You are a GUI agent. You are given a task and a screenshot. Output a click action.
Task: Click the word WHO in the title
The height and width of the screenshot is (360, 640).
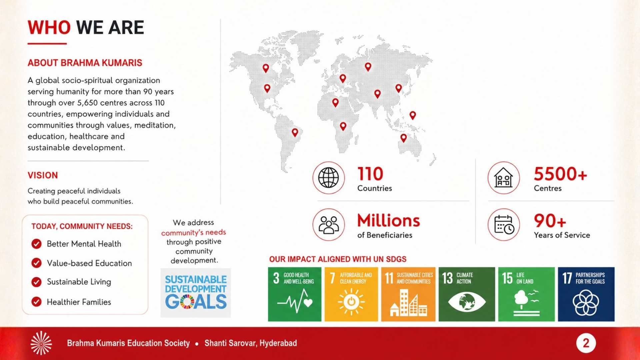pyautogui.click(x=49, y=27)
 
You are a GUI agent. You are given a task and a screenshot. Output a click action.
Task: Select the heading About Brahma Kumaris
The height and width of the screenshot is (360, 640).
pyautogui.click(x=85, y=63)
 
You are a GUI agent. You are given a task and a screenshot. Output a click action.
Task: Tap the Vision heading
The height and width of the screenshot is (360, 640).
pyautogui.click(x=43, y=175)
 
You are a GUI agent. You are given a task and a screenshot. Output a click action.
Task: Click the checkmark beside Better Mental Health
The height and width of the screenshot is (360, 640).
pyautogui.click(x=36, y=244)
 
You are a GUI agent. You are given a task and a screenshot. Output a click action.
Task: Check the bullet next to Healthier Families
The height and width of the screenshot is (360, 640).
pyautogui.click(x=36, y=302)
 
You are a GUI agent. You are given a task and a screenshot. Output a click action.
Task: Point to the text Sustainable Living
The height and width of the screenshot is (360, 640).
pyautogui.click(x=79, y=282)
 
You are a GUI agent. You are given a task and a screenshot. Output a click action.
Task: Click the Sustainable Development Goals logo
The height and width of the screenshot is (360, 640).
pyautogui.click(x=196, y=293)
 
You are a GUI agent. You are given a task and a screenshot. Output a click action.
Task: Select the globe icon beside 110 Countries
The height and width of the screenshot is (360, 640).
pyautogui.click(x=328, y=178)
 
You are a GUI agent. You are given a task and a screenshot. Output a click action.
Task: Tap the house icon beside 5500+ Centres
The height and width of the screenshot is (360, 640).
pyautogui.click(x=503, y=178)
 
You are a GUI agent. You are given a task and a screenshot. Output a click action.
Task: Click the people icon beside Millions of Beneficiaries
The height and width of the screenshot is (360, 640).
pyautogui.click(x=328, y=225)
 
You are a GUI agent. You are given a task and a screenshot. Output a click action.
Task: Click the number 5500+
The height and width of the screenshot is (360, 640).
pyautogui.click(x=560, y=174)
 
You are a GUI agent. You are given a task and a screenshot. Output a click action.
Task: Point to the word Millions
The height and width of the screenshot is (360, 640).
pyautogui.click(x=389, y=221)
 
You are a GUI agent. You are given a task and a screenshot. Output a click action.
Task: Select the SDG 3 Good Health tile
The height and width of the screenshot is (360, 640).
pyautogui.click(x=295, y=294)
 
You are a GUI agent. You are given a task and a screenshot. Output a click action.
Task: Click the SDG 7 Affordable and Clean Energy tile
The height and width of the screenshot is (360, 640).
pyautogui.click(x=351, y=294)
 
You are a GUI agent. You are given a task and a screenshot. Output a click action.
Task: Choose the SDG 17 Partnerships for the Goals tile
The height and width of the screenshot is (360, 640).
pyautogui.click(x=586, y=294)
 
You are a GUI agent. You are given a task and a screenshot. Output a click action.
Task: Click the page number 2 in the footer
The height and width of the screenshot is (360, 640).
pyautogui.click(x=586, y=343)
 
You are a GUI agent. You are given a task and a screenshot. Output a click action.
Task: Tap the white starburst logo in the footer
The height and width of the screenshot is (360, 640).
pyautogui.click(x=41, y=343)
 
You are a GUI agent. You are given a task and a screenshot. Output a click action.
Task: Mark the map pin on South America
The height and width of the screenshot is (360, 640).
pyautogui.click(x=295, y=133)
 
